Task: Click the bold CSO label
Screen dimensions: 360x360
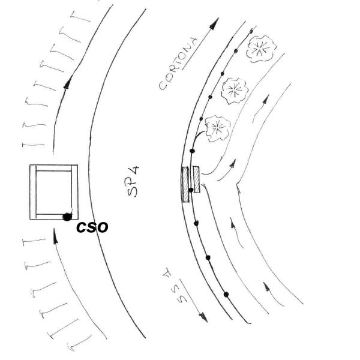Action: coord(92,227)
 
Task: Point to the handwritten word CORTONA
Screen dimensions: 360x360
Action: coord(179,64)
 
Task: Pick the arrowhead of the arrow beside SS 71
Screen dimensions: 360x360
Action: coord(204,319)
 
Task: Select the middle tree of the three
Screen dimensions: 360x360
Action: coord(236,91)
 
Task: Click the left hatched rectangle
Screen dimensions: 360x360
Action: coord(185,185)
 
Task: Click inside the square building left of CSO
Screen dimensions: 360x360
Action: coord(54,192)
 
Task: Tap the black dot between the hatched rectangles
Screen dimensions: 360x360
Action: coord(191,190)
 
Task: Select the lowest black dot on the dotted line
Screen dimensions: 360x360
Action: coord(226,294)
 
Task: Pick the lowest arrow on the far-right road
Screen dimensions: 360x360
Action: coord(266,287)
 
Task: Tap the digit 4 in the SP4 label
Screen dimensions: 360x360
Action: coord(135,175)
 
